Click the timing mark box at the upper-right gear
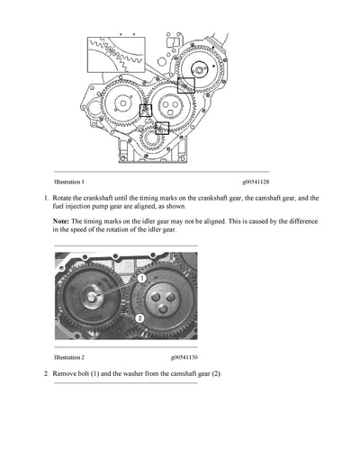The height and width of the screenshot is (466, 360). coord(186,85)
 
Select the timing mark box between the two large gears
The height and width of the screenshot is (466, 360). coord(146,110)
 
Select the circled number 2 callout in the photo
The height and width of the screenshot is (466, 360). coord(139,317)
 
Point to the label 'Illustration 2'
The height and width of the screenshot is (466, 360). coord(68,356)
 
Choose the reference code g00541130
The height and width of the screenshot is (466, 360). coord(181,356)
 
